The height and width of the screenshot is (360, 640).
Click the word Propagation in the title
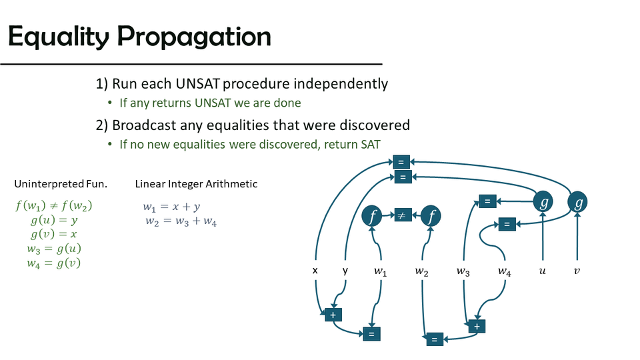[x=194, y=37]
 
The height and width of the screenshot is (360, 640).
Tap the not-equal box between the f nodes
[x=403, y=215]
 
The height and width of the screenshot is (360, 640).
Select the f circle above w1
[x=372, y=215]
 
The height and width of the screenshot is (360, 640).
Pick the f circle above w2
[x=431, y=215]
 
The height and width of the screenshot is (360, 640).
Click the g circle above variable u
[x=543, y=201]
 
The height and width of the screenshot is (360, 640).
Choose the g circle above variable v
[x=577, y=202]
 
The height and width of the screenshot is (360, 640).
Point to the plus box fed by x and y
[x=333, y=315]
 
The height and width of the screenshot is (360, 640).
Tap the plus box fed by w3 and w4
[x=477, y=327]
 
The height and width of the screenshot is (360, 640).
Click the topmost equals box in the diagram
[x=401, y=162]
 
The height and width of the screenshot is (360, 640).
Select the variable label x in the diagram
[x=315, y=270]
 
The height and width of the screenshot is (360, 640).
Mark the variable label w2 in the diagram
[x=421, y=271]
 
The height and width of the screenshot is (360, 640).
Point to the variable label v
[x=577, y=271]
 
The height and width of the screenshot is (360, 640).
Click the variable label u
[x=543, y=271]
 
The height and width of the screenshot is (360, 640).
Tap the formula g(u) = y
[x=54, y=220]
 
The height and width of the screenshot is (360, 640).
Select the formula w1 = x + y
[x=171, y=207]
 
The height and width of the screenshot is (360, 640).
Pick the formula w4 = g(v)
[x=54, y=263]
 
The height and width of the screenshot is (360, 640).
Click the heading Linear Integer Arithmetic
[x=196, y=184]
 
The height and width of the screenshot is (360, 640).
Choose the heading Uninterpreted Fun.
[x=61, y=184]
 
